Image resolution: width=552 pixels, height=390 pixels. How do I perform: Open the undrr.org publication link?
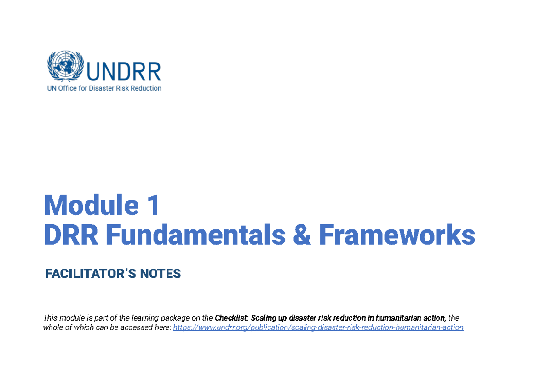[318, 327]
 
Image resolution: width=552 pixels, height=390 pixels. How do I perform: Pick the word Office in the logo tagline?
[68, 88]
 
